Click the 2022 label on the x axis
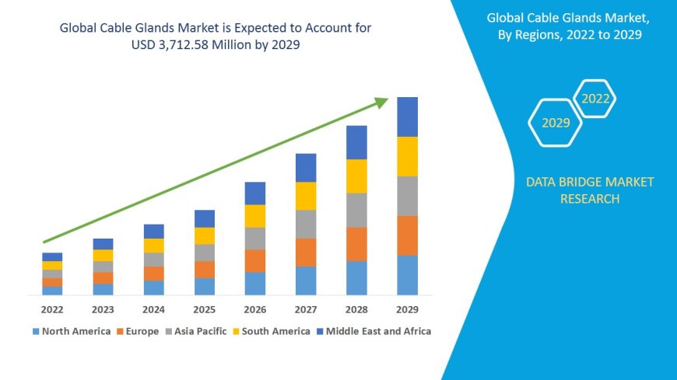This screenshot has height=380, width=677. (52, 309)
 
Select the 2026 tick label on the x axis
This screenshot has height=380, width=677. (255, 309)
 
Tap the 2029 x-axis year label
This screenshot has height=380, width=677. (407, 309)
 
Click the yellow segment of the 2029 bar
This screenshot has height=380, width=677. (407, 156)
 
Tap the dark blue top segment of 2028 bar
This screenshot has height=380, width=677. (356, 142)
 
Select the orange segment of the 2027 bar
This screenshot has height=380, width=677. (306, 252)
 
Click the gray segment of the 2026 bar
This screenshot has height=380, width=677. (255, 238)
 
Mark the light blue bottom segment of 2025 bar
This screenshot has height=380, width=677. (205, 286)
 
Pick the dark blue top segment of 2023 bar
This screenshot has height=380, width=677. (103, 244)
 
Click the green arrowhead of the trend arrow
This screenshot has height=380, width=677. (381, 102)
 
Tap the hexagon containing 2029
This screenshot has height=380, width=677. (555, 123)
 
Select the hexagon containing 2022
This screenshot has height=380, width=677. (595, 99)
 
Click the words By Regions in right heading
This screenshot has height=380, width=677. (531, 33)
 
